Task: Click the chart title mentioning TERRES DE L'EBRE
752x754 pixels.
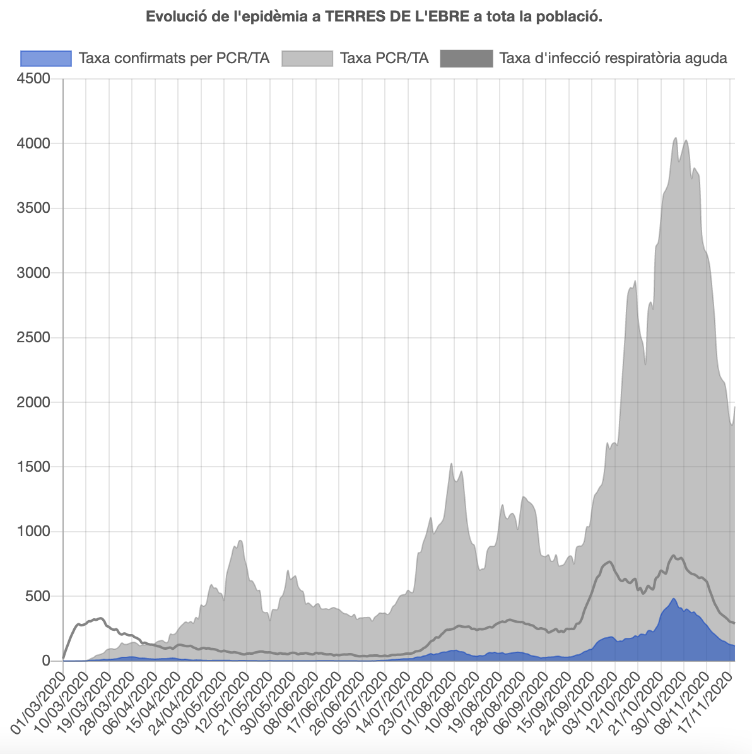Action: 374,17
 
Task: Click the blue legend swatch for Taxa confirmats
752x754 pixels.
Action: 46,59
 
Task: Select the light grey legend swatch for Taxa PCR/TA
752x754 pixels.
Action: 307,59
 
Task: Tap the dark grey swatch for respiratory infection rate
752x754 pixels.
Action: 466,59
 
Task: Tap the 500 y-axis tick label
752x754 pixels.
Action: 39,596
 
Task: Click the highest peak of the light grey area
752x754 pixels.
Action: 676,138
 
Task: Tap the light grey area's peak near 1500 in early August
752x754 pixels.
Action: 451,464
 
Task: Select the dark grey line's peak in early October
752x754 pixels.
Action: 609,561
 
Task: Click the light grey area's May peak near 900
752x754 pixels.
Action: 240,541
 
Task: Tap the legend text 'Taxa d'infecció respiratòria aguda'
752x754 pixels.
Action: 613,59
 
